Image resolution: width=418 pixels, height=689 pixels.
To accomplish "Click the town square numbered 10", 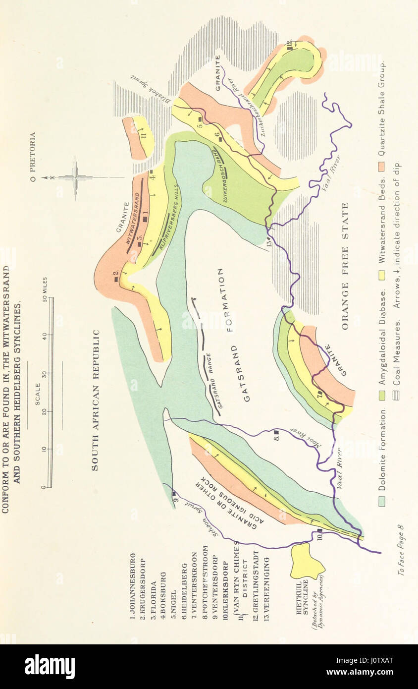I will pyautogui.click(x=319, y=534).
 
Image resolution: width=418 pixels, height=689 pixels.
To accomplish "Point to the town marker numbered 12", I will pyautogui.click(x=289, y=46).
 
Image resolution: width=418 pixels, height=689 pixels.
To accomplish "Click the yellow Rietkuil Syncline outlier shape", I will pyautogui.click(x=306, y=561).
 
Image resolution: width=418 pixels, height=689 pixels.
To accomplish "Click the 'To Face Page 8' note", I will pyautogui.click(x=402, y=550).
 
